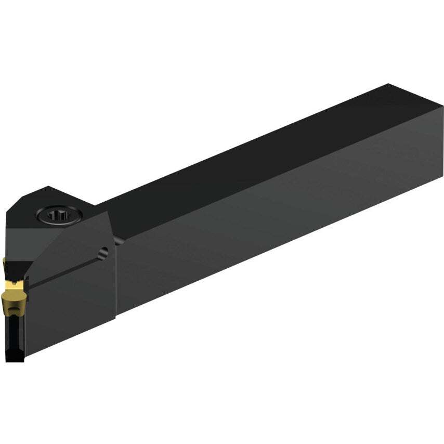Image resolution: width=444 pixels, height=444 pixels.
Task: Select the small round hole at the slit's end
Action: tap(104, 252)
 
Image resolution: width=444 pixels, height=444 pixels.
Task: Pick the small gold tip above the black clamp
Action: tap(4, 263)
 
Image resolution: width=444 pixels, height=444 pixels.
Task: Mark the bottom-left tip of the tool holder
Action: tap(7, 360)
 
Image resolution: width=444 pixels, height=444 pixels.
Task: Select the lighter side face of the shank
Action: tap(286, 218)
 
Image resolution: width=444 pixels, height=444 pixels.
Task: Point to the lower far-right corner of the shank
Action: tap(442, 176)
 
